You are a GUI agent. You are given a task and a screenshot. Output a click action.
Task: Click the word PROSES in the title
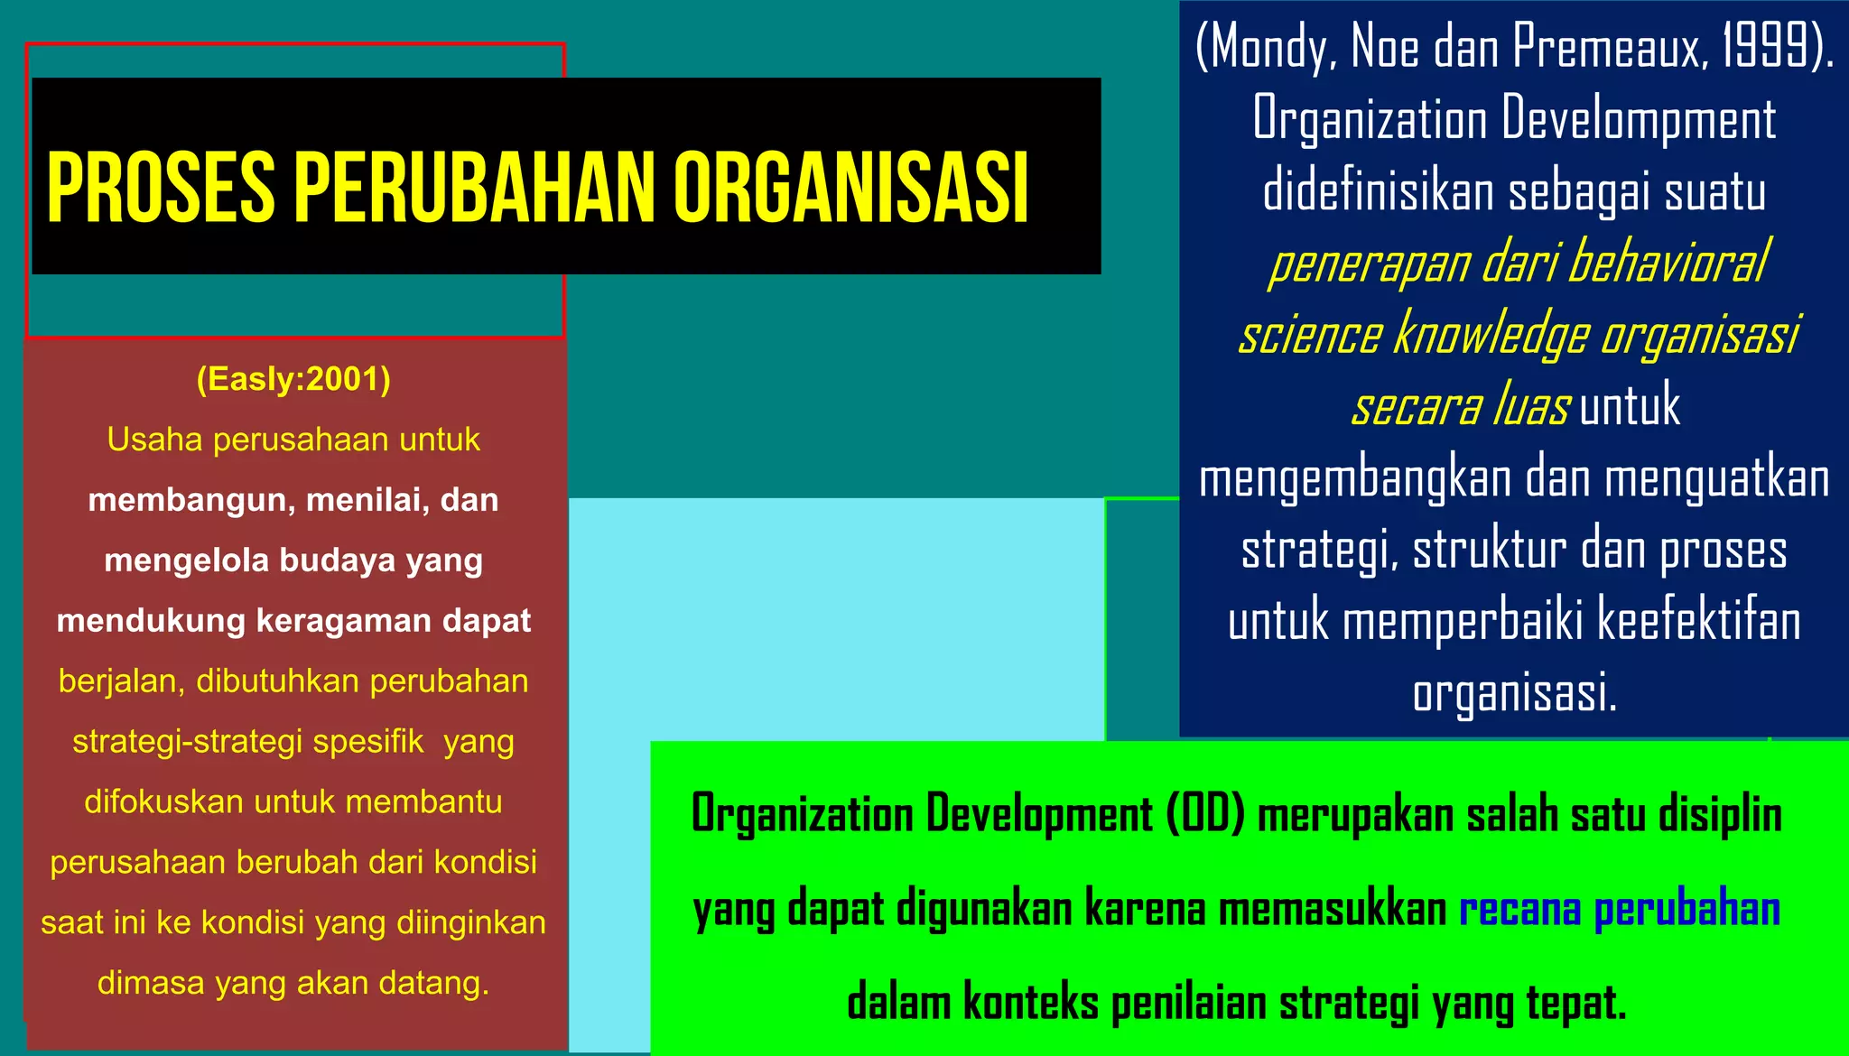click(x=161, y=187)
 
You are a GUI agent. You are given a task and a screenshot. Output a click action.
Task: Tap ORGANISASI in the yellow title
click(x=850, y=187)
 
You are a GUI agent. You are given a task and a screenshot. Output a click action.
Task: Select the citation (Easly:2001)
click(x=293, y=379)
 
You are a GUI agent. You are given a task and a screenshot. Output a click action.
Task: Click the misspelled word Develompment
click(x=1640, y=119)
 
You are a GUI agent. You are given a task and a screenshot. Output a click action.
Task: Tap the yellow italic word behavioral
click(x=1668, y=264)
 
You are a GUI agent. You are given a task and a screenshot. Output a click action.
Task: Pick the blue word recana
click(x=1519, y=909)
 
